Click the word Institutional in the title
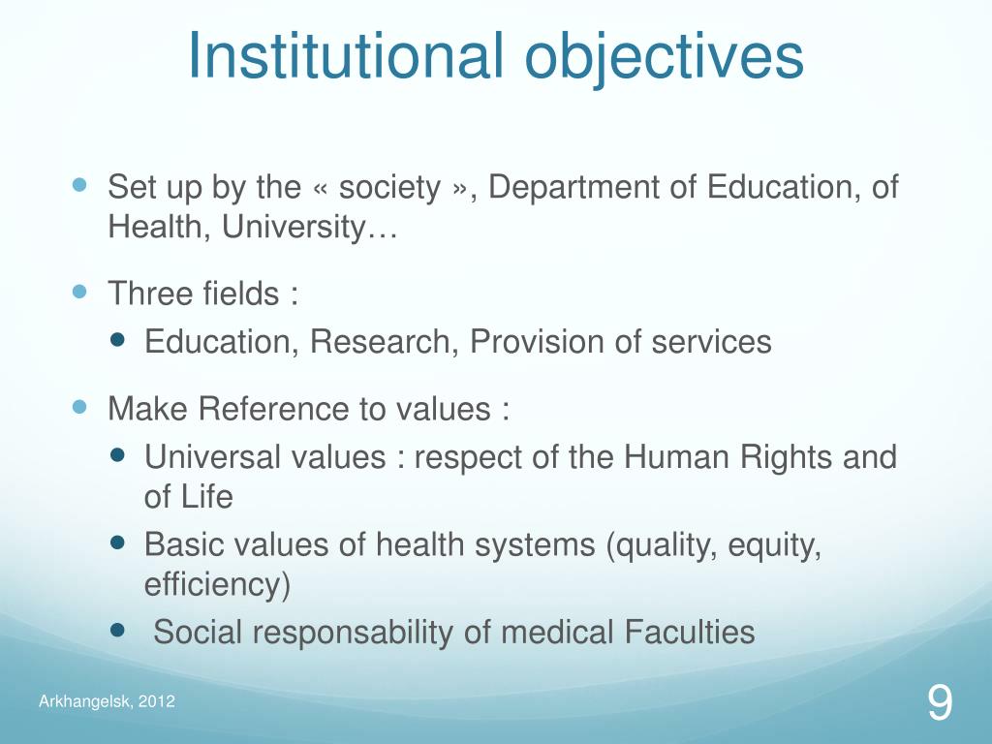click(x=346, y=57)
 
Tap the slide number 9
click(x=939, y=702)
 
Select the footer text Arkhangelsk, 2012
click(x=107, y=701)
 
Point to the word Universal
click(x=205, y=456)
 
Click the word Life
click(x=209, y=497)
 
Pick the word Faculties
click(x=690, y=633)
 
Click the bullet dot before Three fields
click(x=80, y=291)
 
